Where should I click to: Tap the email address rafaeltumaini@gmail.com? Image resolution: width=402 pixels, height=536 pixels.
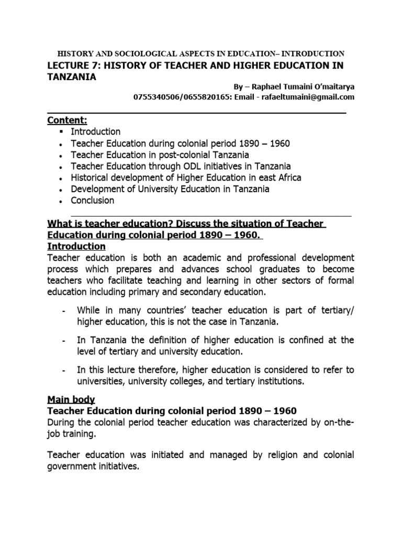click(x=307, y=97)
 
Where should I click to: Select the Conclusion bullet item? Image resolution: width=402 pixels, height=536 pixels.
click(x=92, y=200)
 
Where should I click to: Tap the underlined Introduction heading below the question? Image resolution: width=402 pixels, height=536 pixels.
click(x=76, y=246)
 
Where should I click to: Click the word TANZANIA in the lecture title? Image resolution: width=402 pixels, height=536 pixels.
click(x=72, y=76)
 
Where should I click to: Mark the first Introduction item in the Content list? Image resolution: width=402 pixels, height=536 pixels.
click(x=95, y=131)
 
